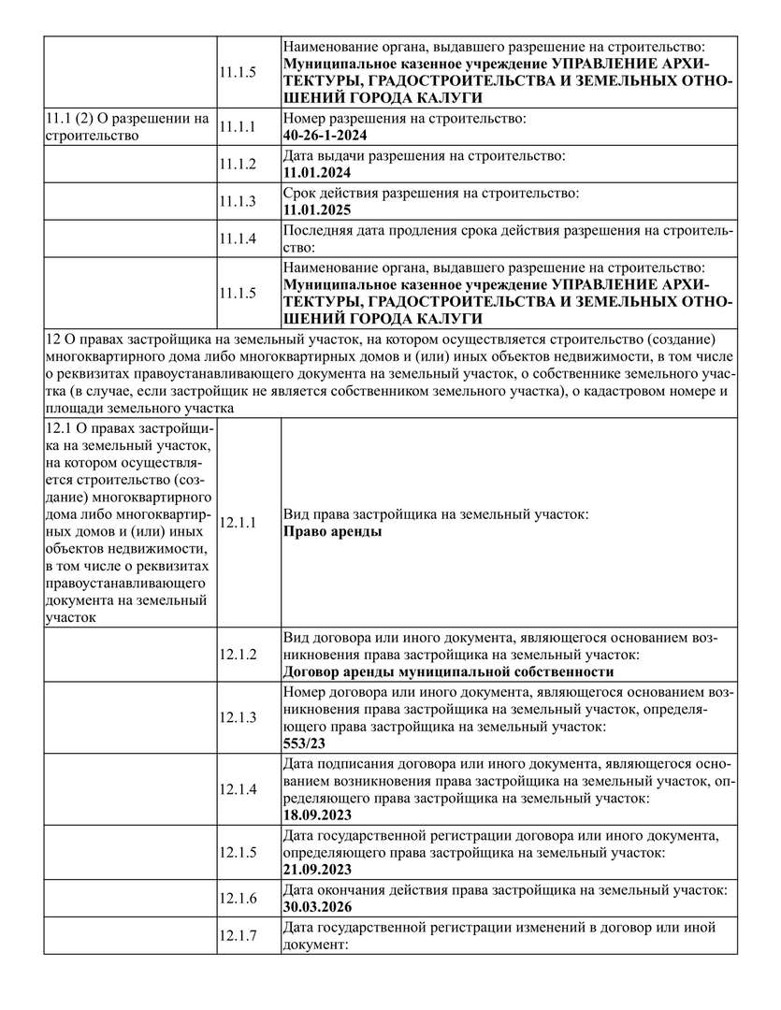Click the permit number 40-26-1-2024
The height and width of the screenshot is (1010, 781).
tap(326, 136)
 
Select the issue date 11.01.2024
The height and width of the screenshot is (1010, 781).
tap(315, 173)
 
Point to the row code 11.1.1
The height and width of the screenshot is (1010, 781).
tap(238, 127)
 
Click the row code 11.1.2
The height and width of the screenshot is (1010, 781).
tap(238, 164)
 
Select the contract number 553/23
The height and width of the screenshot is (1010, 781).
tap(303, 744)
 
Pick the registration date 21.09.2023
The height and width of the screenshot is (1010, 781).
tap(315, 870)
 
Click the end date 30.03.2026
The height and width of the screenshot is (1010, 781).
tap(315, 906)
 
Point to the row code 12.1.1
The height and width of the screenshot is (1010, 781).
tap(238, 523)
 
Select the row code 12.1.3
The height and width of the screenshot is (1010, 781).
tap(238, 717)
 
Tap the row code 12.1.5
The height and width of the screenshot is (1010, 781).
tap(238, 852)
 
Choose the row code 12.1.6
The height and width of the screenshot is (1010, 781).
tap(238, 898)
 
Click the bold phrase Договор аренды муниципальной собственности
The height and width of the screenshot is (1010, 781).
tap(448, 671)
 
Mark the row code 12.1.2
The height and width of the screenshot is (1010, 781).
tap(238, 654)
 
